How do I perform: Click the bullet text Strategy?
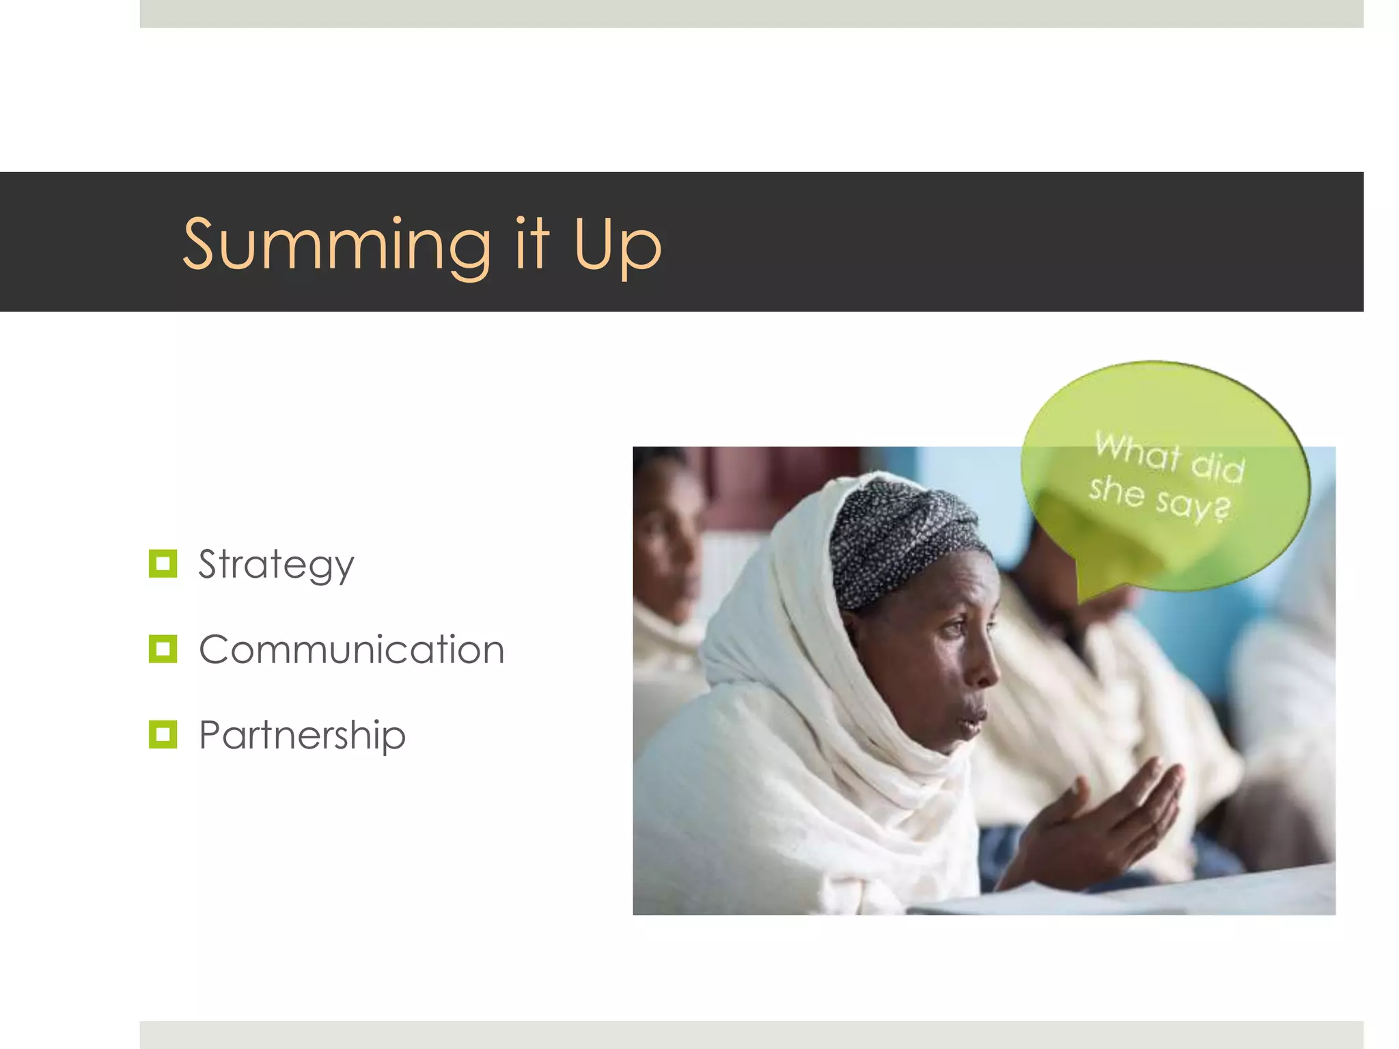point(276,565)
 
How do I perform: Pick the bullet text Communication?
point(351,649)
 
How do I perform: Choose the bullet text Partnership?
point(302,736)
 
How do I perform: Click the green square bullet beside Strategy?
point(163,564)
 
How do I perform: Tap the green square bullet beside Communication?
point(163,649)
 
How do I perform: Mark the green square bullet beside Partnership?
point(163,735)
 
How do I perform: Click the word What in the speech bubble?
point(1137,451)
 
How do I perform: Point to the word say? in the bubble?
point(1193,504)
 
